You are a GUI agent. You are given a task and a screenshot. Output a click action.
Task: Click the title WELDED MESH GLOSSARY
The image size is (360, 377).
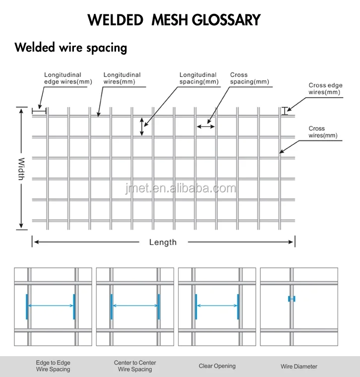pos(174,20)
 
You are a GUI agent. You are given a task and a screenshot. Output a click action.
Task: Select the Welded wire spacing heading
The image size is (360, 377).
pos(71,48)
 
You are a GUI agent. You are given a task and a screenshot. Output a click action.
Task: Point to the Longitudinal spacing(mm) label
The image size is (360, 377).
pos(198,78)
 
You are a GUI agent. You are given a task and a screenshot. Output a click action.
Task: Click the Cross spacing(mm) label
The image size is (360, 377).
pos(249,78)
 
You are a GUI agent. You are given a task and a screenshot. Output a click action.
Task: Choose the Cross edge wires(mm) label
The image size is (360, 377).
pos(325,89)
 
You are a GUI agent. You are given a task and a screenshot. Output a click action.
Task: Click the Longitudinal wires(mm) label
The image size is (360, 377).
pos(122,78)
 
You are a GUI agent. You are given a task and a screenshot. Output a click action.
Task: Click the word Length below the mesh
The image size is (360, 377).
pos(163,242)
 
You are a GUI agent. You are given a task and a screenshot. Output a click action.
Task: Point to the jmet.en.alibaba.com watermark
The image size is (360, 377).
pos(180,188)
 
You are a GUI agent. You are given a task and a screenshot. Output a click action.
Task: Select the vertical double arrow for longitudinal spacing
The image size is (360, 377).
pos(142,126)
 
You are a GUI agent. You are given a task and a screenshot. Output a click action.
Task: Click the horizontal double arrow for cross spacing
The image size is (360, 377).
pos(206,126)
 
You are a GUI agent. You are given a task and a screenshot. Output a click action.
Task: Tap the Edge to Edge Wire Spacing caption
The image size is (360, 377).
pos(53,366)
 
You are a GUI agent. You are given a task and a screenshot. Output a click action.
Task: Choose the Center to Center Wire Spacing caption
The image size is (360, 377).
pos(135,366)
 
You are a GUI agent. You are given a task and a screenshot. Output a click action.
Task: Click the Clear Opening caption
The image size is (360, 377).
pos(217,366)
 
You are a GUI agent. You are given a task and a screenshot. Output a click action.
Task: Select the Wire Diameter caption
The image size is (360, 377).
pos(299,367)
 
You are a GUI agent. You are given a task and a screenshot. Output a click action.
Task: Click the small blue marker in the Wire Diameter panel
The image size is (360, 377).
pos(292,299)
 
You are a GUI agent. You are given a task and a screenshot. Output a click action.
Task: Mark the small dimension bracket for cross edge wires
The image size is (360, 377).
pos(285,112)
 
